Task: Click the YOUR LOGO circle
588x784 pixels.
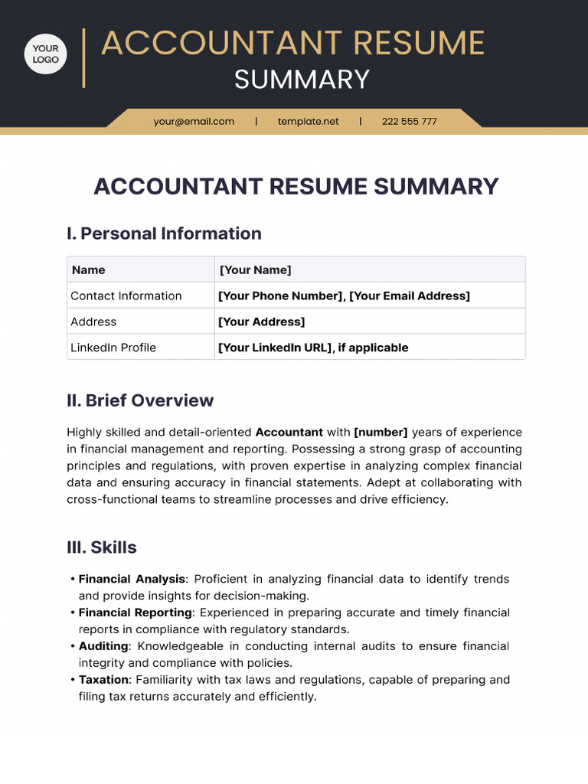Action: pyautogui.click(x=46, y=54)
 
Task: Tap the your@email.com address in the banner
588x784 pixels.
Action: pyautogui.click(x=194, y=121)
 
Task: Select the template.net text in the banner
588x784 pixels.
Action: pyautogui.click(x=308, y=121)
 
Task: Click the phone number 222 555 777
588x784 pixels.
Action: pyautogui.click(x=409, y=121)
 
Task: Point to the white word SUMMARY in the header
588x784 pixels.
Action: pyautogui.click(x=302, y=80)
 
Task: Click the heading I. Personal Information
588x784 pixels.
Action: pyautogui.click(x=164, y=234)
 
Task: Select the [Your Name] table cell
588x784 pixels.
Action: pyautogui.click(x=255, y=269)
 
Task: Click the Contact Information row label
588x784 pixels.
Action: pyautogui.click(x=126, y=296)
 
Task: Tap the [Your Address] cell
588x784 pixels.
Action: pyautogui.click(x=261, y=322)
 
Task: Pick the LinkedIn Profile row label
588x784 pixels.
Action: pyautogui.click(x=113, y=348)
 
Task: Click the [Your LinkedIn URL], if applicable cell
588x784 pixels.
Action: pyautogui.click(x=313, y=348)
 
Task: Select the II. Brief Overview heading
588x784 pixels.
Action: pyautogui.click(x=140, y=400)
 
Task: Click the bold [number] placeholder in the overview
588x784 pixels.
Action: pyautogui.click(x=381, y=433)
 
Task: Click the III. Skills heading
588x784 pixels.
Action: pyautogui.click(x=102, y=547)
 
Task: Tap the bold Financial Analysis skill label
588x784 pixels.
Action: pyautogui.click(x=132, y=580)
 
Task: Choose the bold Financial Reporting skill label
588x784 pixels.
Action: pyautogui.click(x=136, y=612)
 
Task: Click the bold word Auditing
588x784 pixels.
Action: pyautogui.click(x=104, y=646)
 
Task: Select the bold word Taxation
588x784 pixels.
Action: pyautogui.click(x=103, y=680)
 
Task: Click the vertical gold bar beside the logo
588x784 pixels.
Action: pyautogui.click(x=83, y=58)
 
